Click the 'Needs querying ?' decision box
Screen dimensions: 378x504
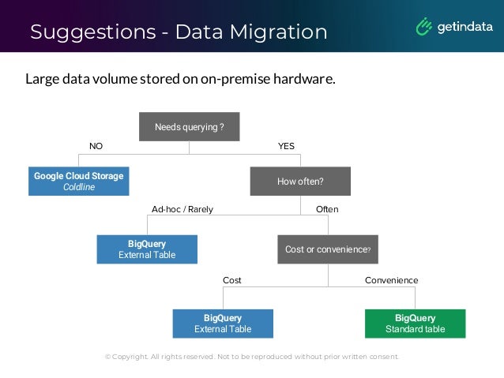(189, 127)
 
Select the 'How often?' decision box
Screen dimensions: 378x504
(300, 182)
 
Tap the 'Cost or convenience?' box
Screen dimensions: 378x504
(327, 249)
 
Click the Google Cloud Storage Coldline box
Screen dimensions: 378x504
(78, 182)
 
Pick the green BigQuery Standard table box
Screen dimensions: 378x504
(415, 324)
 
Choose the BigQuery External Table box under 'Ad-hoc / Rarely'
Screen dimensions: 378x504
(147, 249)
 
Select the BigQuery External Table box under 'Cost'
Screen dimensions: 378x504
(223, 324)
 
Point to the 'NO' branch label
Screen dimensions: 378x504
(96, 147)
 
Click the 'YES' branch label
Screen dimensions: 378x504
(286, 147)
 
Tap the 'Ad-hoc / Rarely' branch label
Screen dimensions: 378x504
(182, 209)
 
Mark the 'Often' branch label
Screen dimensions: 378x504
(327, 209)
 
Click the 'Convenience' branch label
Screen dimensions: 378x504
(391, 280)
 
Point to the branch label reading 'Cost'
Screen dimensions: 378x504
(232, 280)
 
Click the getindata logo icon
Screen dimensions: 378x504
(425, 27)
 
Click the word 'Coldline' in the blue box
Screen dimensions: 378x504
(78, 187)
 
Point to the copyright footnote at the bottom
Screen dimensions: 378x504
(252, 357)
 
